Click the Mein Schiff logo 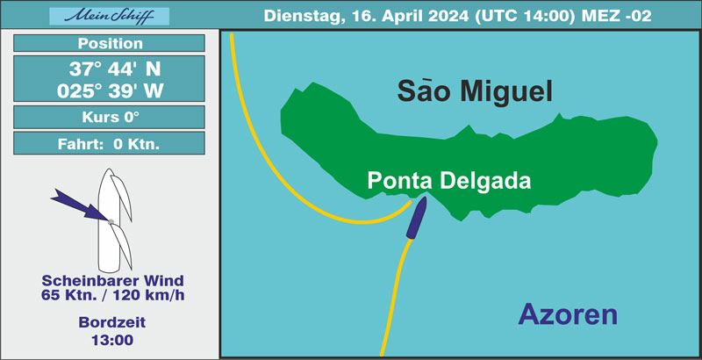(x=109, y=17)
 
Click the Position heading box (x=109, y=43)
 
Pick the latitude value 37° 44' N (x=115, y=69)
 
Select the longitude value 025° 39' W (x=111, y=91)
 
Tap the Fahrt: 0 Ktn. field (x=109, y=143)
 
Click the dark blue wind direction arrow (x=81, y=205)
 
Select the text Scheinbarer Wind (x=113, y=281)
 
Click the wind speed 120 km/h (x=148, y=296)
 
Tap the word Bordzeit (x=112, y=322)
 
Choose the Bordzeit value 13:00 (x=112, y=340)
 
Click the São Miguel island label (x=475, y=91)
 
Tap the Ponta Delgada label (x=449, y=181)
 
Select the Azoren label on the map (x=568, y=314)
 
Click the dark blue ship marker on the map (x=416, y=218)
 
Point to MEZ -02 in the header (x=617, y=16)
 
